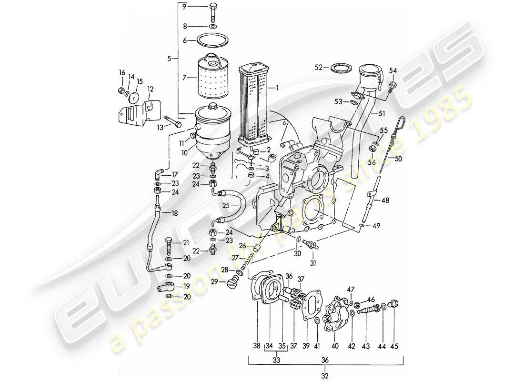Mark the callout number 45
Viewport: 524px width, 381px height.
click(x=394, y=346)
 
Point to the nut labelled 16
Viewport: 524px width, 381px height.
click(x=121, y=90)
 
